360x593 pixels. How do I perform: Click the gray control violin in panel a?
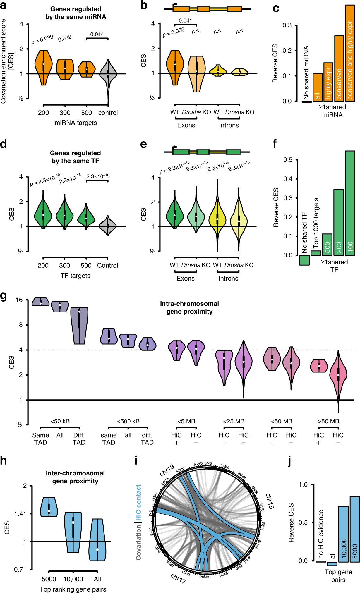click(x=108, y=74)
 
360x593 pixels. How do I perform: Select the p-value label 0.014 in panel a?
click(x=97, y=35)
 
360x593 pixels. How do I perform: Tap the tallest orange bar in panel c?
click(x=350, y=53)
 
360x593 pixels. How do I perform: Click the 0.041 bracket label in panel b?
click(x=186, y=20)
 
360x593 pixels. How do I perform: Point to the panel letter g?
click(x=4, y=296)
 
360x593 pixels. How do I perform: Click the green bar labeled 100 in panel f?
click(x=350, y=203)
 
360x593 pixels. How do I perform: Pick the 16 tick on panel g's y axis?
click(x=19, y=300)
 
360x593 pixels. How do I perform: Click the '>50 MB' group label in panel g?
click(x=328, y=421)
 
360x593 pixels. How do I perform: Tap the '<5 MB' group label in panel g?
click(x=186, y=421)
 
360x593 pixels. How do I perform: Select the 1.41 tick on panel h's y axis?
click(x=20, y=514)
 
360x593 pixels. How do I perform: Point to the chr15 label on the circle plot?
click(x=269, y=501)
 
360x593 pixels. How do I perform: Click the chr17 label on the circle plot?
click(x=178, y=578)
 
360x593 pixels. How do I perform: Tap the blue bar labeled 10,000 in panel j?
click(x=344, y=534)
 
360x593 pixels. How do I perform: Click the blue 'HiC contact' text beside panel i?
click(x=138, y=503)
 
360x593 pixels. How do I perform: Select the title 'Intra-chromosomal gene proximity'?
click(x=189, y=307)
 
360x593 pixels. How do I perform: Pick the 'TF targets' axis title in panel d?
click(x=76, y=276)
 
